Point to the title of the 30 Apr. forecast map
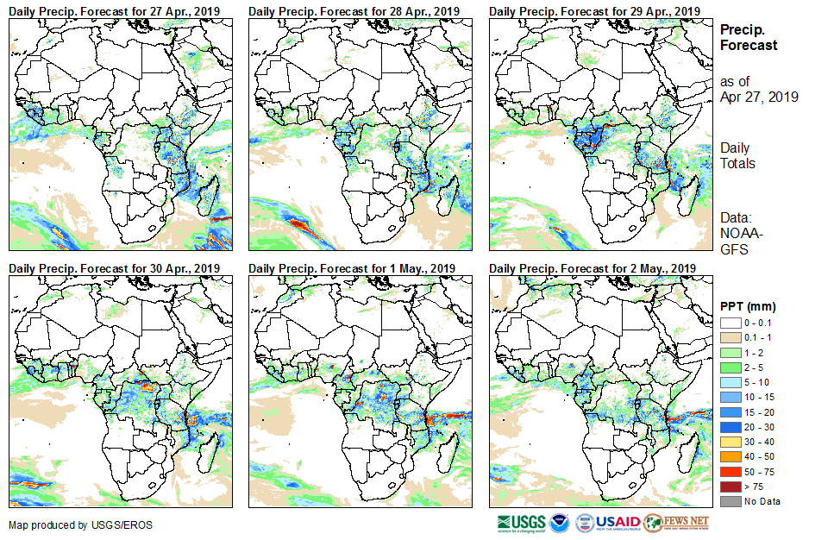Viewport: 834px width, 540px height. click(x=115, y=268)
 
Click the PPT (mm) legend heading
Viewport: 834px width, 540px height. click(x=748, y=307)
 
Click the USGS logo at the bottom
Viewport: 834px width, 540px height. click(x=521, y=523)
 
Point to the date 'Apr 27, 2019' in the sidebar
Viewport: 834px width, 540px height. click(x=759, y=97)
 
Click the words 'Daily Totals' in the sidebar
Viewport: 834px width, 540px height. click(x=739, y=155)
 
